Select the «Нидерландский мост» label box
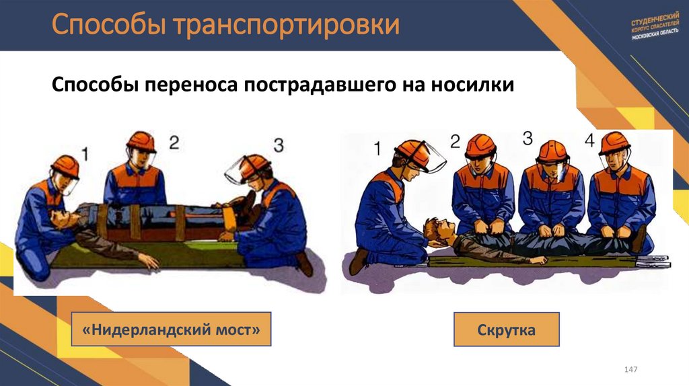[x=171, y=329]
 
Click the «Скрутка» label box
[x=506, y=330]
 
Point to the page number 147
[x=631, y=371]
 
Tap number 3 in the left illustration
[x=279, y=145]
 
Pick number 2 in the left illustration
[x=174, y=142]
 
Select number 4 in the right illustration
[x=590, y=141]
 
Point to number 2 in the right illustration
[x=455, y=141]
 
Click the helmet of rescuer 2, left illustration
[x=141, y=141]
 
